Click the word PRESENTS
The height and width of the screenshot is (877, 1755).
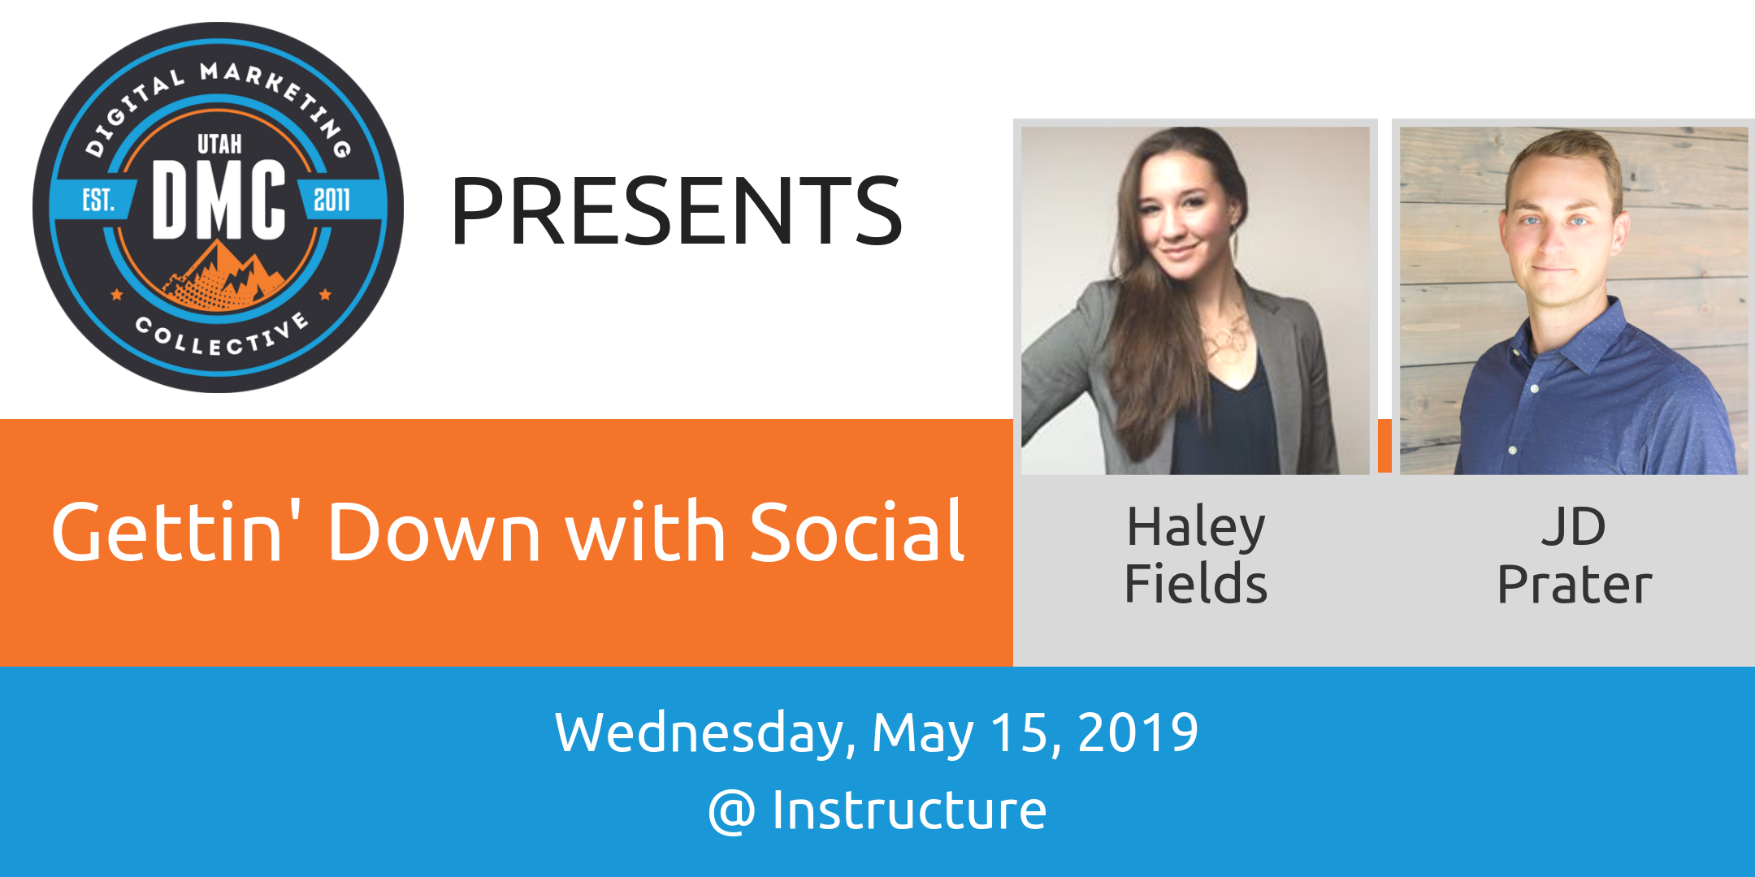tap(676, 211)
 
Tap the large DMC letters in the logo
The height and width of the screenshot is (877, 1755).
tap(219, 200)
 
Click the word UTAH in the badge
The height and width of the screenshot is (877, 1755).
tap(219, 144)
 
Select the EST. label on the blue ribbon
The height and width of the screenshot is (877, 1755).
tap(97, 200)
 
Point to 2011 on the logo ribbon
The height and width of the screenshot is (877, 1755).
tap(331, 200)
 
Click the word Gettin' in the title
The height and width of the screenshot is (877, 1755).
tap(167, 532)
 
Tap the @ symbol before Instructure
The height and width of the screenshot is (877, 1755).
tap(732, 812)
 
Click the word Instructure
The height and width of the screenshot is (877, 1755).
tap(909, 810)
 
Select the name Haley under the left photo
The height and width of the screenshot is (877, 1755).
tap(1196, 528)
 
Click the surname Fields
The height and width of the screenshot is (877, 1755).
tap(1196, 583)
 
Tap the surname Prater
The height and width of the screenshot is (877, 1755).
tap(1575, 584)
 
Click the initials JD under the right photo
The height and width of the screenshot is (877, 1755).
tap(1574, 527)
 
